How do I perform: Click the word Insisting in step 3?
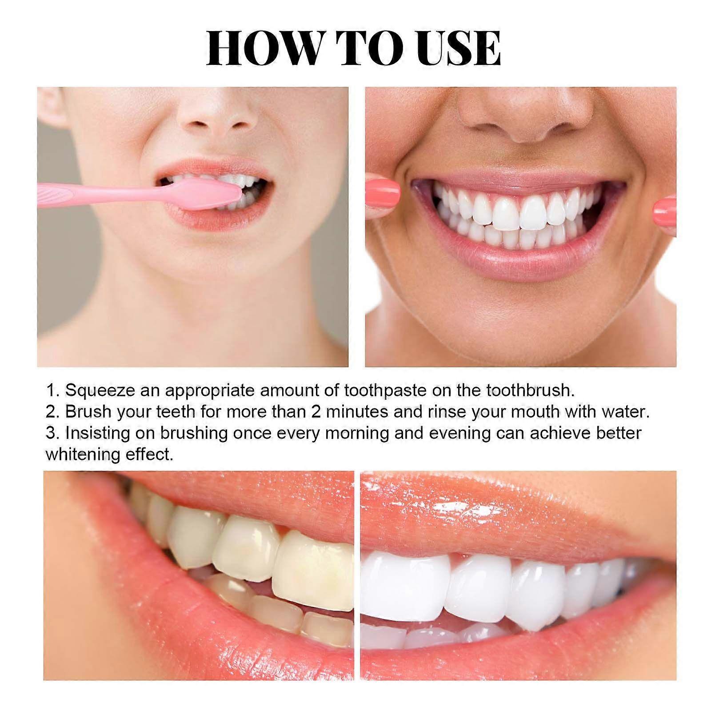pos(96,433)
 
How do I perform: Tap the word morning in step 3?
pos(357,433)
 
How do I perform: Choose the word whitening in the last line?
pos(83,455)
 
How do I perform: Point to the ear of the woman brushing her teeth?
pos(49,107)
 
